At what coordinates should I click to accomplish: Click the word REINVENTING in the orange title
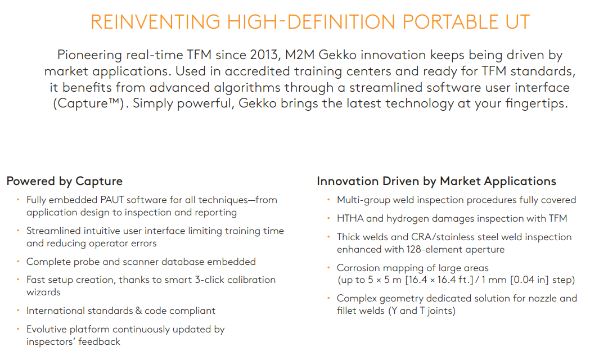(x=155, y=22)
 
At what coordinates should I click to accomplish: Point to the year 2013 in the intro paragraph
(x=264, y=55)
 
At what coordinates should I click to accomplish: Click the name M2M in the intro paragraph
(x=299, y=55)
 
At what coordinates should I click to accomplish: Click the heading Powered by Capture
(x=65, y=181)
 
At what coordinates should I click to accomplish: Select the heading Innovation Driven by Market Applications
(x=436, y=181)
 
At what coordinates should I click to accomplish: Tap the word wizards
(x=43, y=292)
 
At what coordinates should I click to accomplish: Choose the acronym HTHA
(x=350, y=219)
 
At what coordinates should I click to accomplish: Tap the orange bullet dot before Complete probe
(x=18, y=262)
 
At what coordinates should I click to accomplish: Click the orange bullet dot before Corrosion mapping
(x=328, y=268)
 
